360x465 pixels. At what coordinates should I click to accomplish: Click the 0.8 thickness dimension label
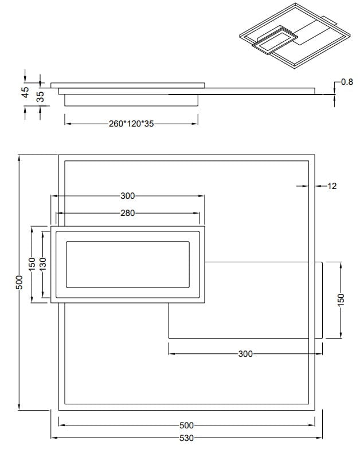(347, 82)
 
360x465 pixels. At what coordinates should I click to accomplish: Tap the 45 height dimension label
(25, 93)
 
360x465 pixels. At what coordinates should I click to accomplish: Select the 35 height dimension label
(40, 96)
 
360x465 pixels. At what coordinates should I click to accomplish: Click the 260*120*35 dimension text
(131, 123)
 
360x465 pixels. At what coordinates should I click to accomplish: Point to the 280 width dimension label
(127, 213)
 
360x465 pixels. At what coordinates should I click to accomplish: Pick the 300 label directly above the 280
(127, 196)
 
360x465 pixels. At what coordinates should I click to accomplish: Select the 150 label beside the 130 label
(33, 264)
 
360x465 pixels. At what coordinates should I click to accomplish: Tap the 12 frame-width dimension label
(331, 186)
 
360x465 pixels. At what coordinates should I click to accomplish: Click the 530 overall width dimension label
(186, 438)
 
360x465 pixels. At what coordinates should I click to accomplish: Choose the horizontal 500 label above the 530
(186, 425)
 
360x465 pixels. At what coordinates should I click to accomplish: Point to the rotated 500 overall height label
(19, 282)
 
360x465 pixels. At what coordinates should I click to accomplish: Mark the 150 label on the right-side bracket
(341, 299)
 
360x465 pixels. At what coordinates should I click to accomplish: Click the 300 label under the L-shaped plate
(245, 354)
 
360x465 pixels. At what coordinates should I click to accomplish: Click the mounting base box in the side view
(131, 100)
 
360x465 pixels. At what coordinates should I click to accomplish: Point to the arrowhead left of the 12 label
(302, 186)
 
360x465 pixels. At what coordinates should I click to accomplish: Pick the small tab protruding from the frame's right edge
(319, 300)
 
